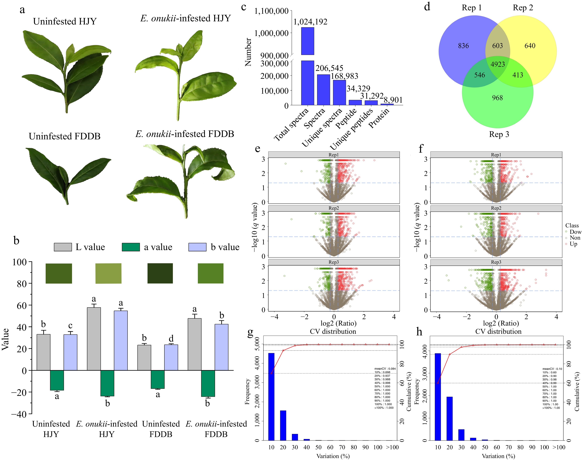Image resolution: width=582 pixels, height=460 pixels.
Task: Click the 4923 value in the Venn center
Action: (497, 64)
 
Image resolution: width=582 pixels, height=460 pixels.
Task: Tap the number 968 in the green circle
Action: (497, 98)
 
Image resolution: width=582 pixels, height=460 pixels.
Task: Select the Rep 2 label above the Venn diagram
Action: (523, 8)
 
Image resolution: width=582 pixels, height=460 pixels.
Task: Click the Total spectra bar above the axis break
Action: (307, 41)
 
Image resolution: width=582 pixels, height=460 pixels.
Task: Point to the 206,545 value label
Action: (329, 68)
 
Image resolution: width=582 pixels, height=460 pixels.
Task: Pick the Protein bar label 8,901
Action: (393, 100)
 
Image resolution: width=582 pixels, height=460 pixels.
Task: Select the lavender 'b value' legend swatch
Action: (197, 247)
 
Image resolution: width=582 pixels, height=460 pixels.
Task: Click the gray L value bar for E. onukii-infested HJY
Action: (94, 339)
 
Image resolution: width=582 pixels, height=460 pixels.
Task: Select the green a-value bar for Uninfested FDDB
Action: (158, 379)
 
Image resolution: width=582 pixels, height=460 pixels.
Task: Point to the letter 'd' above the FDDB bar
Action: (171, 338)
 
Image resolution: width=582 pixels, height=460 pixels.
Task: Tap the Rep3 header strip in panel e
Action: (334, 262)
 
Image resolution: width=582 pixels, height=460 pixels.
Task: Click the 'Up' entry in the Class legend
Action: (573, 244)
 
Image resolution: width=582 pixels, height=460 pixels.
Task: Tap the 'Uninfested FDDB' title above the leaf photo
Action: (65, 136)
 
